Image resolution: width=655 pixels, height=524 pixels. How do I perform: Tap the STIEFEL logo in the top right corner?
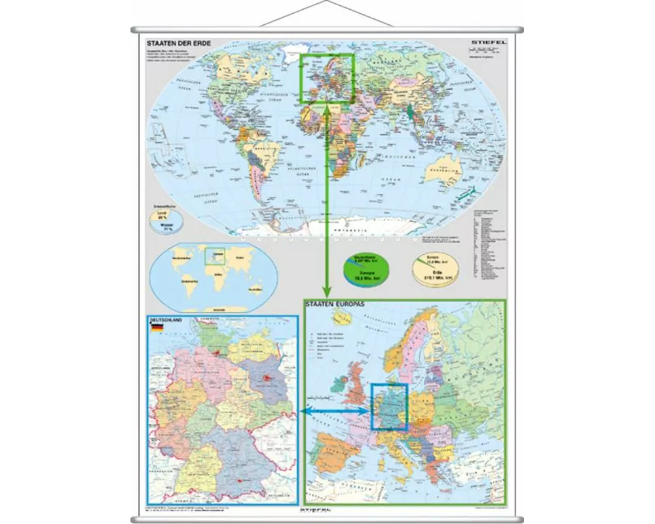(487, 43)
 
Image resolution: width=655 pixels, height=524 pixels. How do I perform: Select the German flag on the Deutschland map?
(156, 329)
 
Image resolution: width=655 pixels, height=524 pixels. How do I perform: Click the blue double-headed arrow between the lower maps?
(335, 411)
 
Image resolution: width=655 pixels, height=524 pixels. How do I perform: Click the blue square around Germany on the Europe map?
(390, 407)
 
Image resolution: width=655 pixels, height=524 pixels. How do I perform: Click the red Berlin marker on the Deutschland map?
(267, 378)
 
